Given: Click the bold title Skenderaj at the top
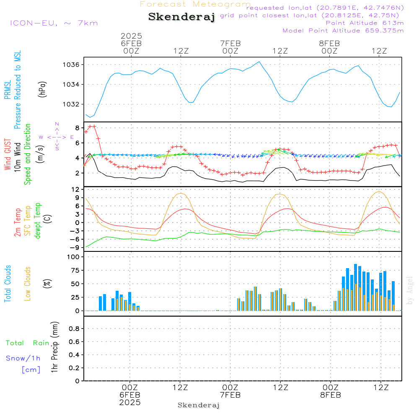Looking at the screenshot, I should click(181, 17).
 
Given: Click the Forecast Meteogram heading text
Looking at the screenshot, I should click(195, 5).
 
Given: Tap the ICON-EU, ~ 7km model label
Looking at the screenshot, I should click(54, 23).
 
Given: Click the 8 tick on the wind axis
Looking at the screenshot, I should click(77, 128).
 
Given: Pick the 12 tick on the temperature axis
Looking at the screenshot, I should click(75, 189).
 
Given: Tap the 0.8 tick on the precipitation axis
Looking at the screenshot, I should click(75, 329).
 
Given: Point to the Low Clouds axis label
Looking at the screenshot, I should click(28, 284).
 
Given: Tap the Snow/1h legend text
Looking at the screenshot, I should click(23, 358).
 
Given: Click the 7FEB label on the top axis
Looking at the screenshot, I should click(230, 43).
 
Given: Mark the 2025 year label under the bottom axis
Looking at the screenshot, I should click(130, 403).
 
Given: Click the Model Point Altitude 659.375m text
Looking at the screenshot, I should click(343, 31).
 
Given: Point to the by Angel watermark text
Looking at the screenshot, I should click(410, 290).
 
